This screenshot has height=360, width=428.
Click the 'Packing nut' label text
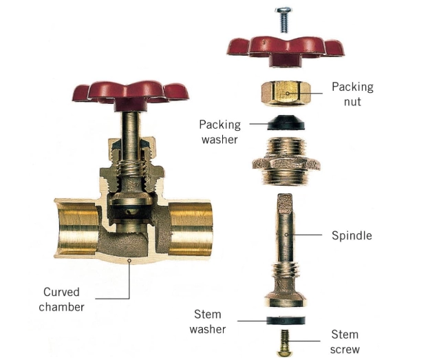tap(352, 94)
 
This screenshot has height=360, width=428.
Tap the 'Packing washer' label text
tap(220, 131)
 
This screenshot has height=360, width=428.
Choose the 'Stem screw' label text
tap(345, 341)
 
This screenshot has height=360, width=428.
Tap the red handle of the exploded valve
tap(286, 47)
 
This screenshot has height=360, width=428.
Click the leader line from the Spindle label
tap(306, 235)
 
